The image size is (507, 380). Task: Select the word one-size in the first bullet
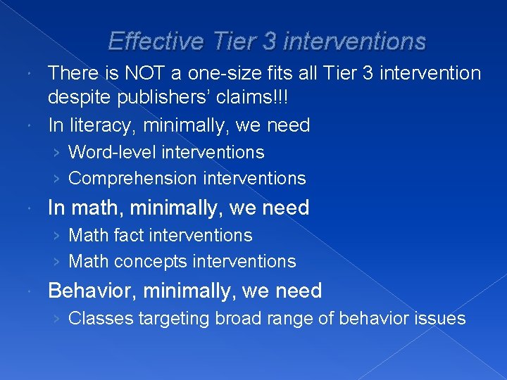(x=215, y=73)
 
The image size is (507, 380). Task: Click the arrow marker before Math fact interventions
(x=56, y=236)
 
